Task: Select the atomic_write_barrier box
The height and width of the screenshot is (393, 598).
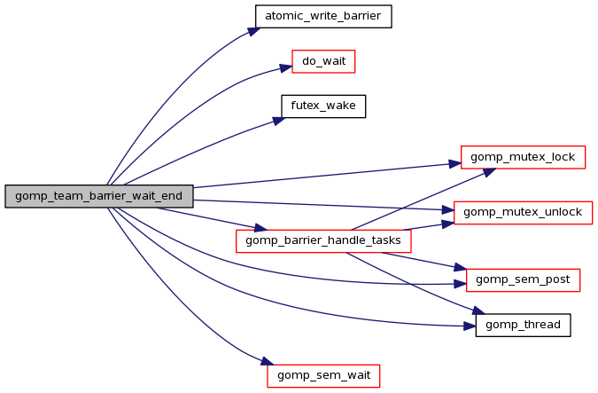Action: (322, 15)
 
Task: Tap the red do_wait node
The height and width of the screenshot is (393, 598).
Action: (323, 62)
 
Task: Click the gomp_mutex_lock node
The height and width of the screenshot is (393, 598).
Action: (523, 158)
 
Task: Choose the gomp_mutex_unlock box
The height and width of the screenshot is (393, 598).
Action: (523, 212)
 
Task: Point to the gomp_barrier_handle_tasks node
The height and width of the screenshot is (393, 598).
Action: (323, 240)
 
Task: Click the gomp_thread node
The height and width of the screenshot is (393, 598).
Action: (523, 325)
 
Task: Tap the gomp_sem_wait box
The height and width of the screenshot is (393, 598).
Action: (323, 375)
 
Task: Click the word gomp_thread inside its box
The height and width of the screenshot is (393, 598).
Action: (523, 325)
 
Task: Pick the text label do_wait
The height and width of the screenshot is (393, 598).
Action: (323, 62)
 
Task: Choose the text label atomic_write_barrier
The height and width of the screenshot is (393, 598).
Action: (322, 15)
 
